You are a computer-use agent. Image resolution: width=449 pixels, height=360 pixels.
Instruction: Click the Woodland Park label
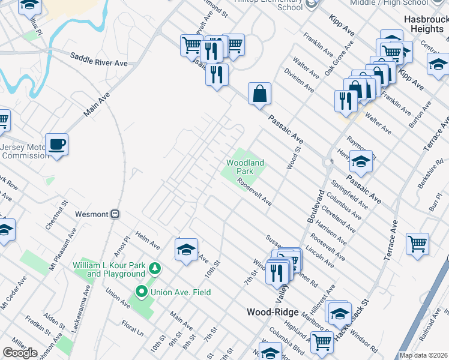coord(245,167)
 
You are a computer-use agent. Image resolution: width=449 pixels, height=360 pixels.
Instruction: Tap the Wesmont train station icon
coord(116,214)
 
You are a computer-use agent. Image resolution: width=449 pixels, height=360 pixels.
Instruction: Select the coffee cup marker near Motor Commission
coord(56,145)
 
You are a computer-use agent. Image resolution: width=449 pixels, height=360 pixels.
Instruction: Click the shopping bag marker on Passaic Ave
coord(259,94)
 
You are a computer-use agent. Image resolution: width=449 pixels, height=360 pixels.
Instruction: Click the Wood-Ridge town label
coord(272,313)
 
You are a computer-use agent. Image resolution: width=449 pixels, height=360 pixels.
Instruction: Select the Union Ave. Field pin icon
coord(142,292)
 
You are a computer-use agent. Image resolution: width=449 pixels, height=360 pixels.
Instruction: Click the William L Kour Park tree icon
coord(155,268)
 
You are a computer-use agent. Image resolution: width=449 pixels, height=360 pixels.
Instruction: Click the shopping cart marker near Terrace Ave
coord(417,244)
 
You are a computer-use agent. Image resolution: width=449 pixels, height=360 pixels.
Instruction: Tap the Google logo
coord(20,353)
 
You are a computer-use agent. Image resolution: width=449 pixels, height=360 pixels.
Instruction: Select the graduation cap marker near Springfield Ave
coord(361,161)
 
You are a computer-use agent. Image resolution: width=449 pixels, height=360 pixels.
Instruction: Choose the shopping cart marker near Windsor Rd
coord(322,341)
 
